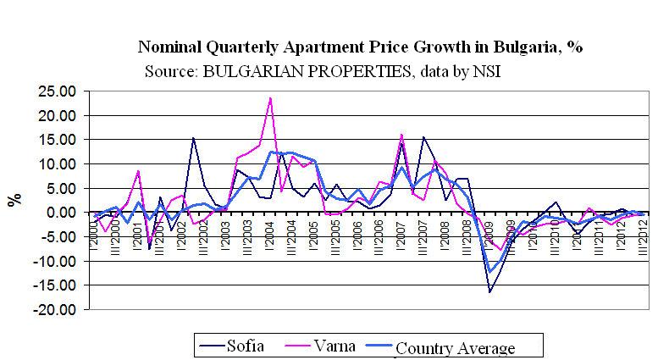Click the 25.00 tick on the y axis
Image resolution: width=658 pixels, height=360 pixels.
pyautogui.click(x=53, y=90)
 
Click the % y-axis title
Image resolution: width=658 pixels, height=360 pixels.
pyautogui.click(x=14, y=200)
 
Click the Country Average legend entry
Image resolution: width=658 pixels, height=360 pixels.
pyautogui.click(x=455, y=347)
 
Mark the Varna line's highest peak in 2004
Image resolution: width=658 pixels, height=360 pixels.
pyautogui.click(x=270, y=98)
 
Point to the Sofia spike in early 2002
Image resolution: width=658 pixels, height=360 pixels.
pyautogui.click(x=193, y=138)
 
